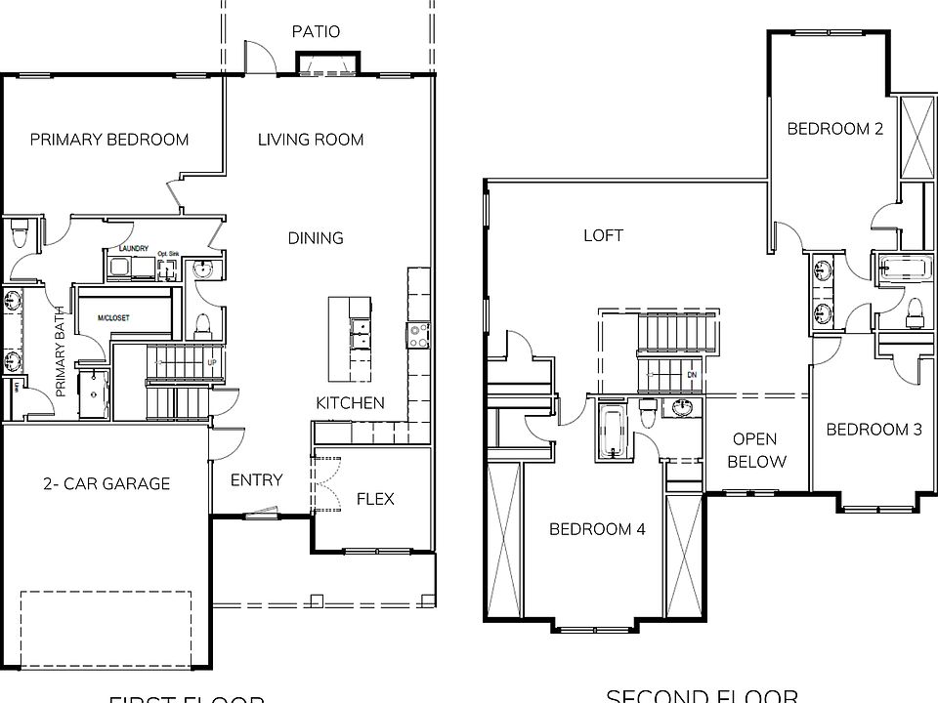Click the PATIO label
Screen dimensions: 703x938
coord(316,31)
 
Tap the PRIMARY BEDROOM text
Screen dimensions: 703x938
coord(109,140)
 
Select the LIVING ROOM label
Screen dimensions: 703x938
coord(311,140)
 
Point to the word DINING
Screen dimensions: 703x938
coord(316,238)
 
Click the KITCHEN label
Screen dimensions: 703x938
coord(350,403)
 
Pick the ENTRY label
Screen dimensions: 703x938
coord(256,479)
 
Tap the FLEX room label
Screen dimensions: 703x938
coord(375,499)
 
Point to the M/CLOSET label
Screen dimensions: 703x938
coord(114,318)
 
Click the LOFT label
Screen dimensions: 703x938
coord(603,235)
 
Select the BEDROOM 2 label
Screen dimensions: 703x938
coord(835,128)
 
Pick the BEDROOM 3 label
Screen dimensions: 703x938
coord(874,430)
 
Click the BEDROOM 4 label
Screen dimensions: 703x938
coord(597,529)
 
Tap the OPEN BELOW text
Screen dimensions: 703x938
coord(756,450)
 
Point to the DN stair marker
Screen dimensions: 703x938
coord(691,374)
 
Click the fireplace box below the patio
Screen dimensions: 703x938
coord(327,64)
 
